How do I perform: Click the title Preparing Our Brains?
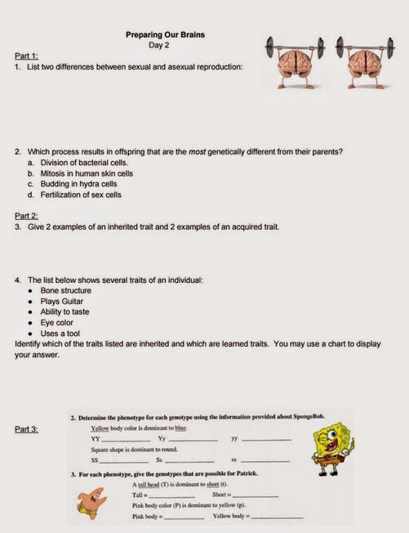pos(165,35)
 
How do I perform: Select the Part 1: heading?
pos(26,56)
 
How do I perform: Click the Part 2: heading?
pos(26,216)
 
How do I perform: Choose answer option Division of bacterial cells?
pos(84,163)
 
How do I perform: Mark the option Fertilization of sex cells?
pos(84,195)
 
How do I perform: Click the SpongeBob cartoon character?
pos(335,449)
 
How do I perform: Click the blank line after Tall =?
pos(171,496)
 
